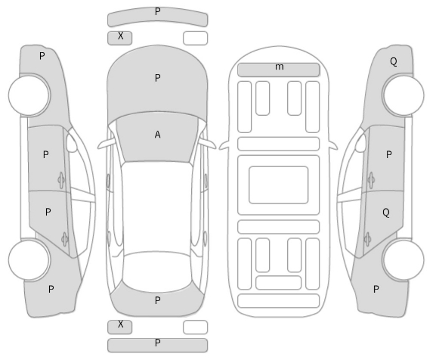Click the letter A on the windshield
click(157, 135)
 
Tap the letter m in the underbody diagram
click(279, 67)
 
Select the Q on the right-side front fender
click(394, 61)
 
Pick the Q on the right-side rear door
click(386, 213)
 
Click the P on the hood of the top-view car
click(157, 78)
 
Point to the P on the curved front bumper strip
click(158, 11)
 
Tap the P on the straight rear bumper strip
click(158, 343)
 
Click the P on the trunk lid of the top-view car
click(158, 300)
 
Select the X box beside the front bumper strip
click(120, 38)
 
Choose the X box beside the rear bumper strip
click(120, 327)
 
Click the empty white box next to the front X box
click(195, 38)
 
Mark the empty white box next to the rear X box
click(195, 327)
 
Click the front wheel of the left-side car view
click(29, 95)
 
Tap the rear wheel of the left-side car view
click(29, 260)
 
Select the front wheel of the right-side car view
click(404, 95)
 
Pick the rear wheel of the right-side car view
click(404, 260)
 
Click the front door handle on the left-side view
click(61, 180)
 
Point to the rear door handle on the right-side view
click(367, 239)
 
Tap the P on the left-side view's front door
click(46, 155)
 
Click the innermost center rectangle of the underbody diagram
click(279, 185)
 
